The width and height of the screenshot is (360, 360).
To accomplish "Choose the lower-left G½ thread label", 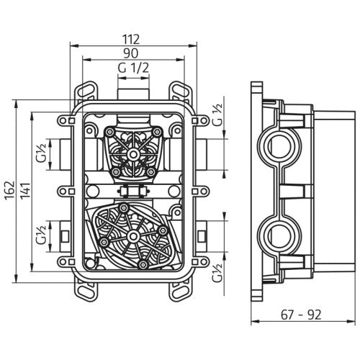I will [x=44, y=235].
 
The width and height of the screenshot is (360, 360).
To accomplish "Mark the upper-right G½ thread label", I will [x=217, y=112].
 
